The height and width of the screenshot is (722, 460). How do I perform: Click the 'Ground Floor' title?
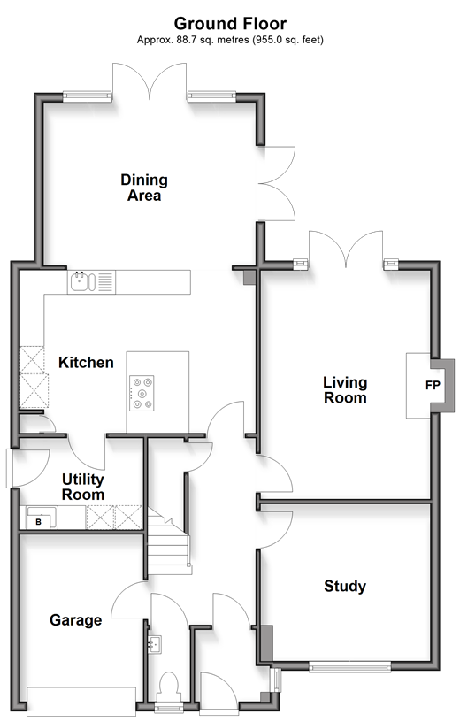230,23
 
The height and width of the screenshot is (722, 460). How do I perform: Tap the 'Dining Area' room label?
144,188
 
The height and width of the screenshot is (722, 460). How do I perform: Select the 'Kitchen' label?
86,363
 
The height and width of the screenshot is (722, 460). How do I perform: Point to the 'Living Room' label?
345,389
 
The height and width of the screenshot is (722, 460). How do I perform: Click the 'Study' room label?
345,586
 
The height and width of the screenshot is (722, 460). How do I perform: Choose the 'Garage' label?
75,620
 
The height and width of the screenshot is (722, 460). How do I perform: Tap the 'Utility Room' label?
83,487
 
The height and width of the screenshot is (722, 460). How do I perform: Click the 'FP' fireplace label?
433,385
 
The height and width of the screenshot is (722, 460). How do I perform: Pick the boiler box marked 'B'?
39,522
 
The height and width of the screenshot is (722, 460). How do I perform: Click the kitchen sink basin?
80,281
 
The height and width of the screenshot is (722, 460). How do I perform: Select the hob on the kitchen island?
142,393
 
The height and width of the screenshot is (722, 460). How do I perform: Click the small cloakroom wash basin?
155,644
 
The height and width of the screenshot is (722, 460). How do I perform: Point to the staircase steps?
168,540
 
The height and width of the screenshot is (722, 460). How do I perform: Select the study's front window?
349,666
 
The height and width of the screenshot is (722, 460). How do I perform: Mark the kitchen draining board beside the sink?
105,281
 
